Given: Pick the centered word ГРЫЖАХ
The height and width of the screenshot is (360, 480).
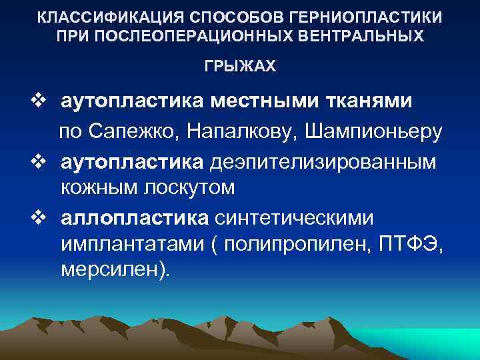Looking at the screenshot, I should pyautogui.click(x=239, y=68).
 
